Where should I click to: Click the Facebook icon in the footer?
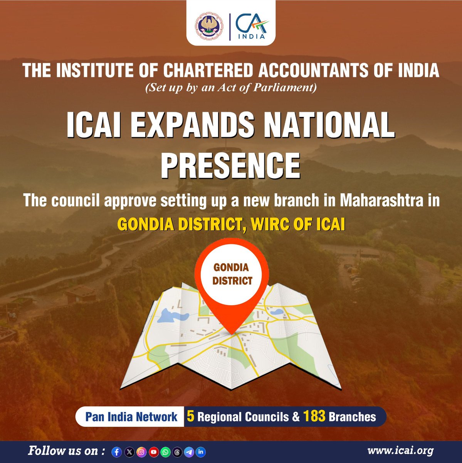click(x=117, y=452)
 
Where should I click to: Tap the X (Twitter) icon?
click(x=129, y=452)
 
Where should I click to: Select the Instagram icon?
click(x=141, y=452)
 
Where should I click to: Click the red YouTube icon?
click(x=153, y=452)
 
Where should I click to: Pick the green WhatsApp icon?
click(x=165, y=452)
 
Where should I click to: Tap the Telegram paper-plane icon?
click(x=189, y=452)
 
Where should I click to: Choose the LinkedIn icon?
click(x=201, y=452)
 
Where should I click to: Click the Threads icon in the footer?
click(x=177, y=452)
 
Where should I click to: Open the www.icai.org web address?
click(x=400, y=451)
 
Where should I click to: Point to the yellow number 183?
click(x=314, y=417)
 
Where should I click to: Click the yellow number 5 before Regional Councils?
click(x=190, y=417)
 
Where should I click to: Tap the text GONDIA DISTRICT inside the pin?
click(x=231, y=274)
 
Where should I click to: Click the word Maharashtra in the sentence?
click(x=380, y=201)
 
